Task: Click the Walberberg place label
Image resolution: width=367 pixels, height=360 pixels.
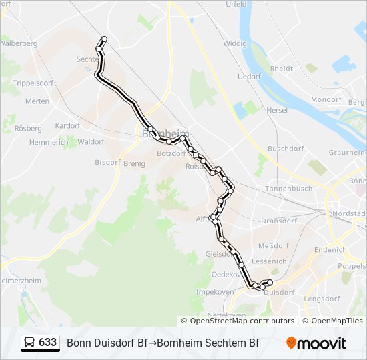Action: [18, 43]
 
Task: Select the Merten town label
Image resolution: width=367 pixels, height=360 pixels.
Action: [37, 101]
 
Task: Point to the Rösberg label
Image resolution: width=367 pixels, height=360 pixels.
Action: [28, 128]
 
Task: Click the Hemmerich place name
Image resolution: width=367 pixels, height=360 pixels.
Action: [49, 142]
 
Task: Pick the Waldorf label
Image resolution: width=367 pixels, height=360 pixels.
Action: [91, 142]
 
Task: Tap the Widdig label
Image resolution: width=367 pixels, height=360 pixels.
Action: [234, 43]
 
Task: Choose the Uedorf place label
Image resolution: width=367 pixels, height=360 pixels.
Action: [249, 77]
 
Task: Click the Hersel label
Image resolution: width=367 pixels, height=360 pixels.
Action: [276, 110]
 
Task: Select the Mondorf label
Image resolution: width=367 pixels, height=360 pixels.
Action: [326, 99]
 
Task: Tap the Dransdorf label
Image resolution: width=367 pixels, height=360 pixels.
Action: [278, 220]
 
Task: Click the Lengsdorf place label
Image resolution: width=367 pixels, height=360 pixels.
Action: [322, 299]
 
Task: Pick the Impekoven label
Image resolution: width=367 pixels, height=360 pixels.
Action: [214, 292]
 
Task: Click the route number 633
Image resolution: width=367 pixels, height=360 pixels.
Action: [47, 342]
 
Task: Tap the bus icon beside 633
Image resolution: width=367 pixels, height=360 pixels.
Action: [30, 343]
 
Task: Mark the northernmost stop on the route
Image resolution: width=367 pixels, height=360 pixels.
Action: [104, 39]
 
